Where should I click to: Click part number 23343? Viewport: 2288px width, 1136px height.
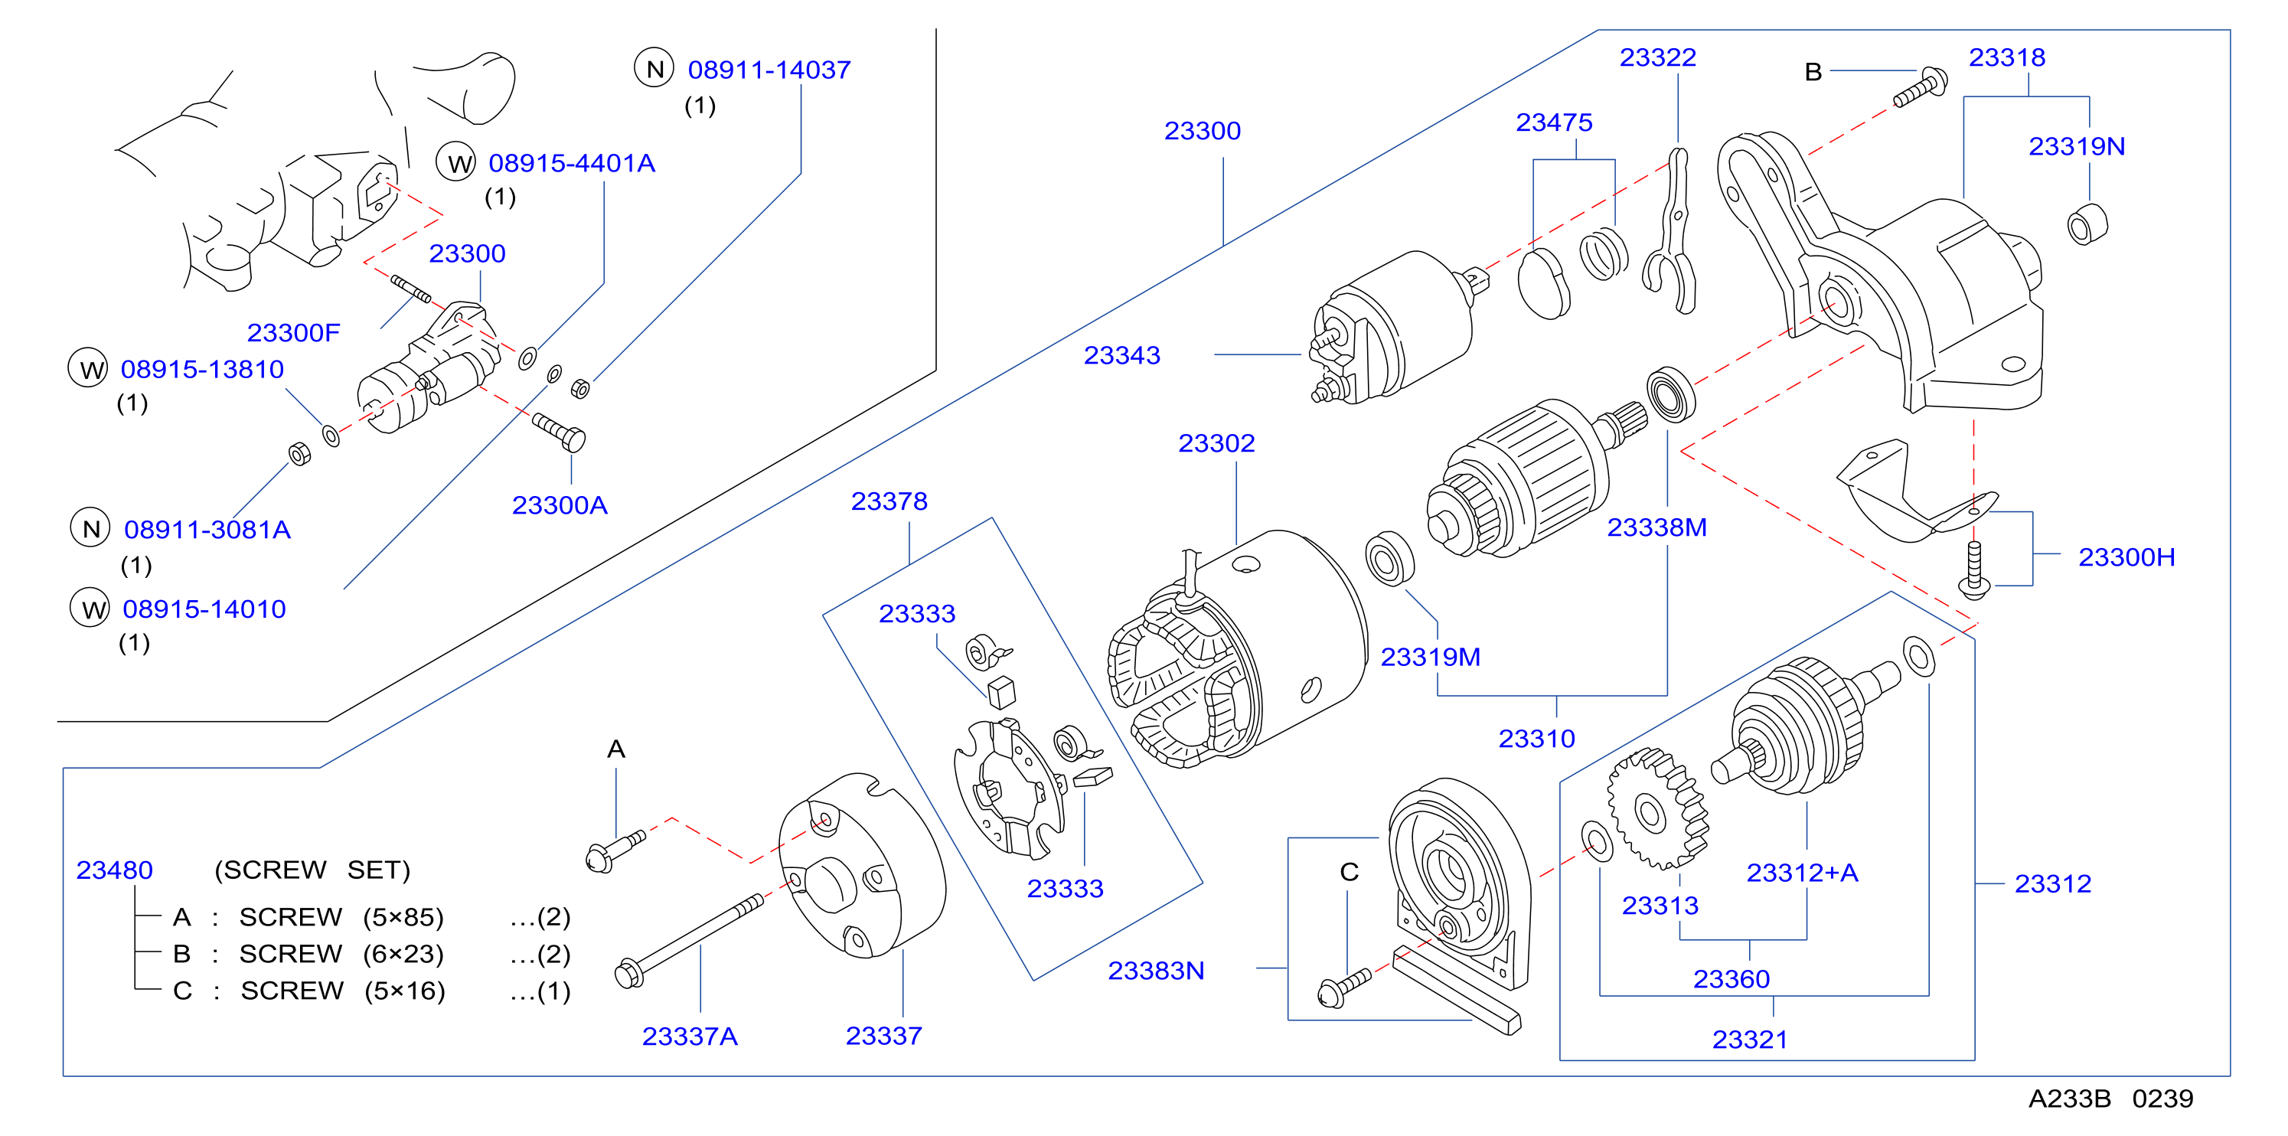(1121, 355)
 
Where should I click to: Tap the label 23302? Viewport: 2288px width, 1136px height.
(1216, 443)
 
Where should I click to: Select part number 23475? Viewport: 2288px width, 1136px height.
(1553, 122)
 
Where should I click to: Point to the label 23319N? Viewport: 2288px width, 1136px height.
(2077, 146)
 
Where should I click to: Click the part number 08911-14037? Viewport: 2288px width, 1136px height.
(769, 70)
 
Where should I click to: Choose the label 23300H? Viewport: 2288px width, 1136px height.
(2126, 558)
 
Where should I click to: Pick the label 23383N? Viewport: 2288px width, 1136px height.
(1156, 971)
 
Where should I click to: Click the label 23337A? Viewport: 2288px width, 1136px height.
(689, 1036)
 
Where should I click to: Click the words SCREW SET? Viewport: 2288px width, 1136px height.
(312, 870)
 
